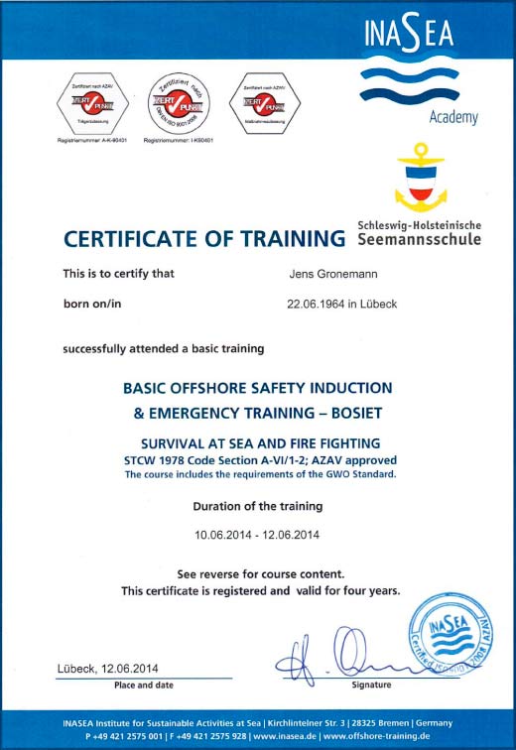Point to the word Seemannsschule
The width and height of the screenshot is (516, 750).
(x=418, y=239)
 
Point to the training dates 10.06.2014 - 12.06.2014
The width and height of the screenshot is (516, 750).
(x=257, y=535)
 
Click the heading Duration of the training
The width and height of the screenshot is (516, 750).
(x=257, y=506)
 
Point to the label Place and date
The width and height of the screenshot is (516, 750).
(x=144, y=686)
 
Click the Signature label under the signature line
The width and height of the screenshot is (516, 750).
(x=371, y=686)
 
